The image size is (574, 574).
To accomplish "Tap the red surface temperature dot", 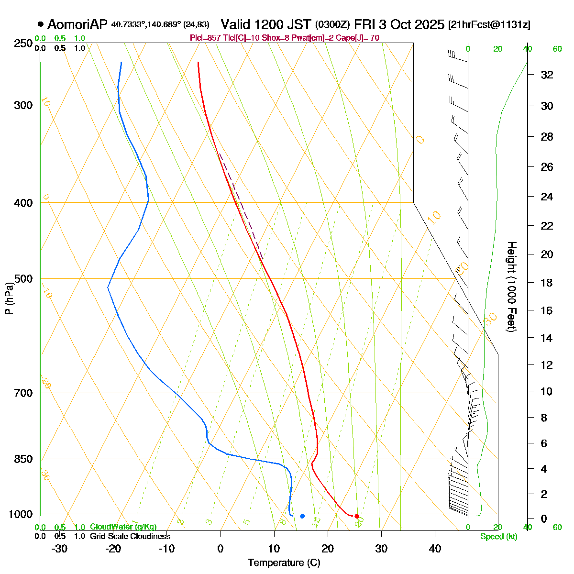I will [356, 516].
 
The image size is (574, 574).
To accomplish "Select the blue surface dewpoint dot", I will [302, 516].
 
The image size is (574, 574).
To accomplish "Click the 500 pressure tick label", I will [23, 279].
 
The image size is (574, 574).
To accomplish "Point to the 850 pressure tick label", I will [23, 459].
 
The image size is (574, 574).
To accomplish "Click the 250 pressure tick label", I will [23, 44].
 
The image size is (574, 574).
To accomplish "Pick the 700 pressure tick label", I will [23, 393].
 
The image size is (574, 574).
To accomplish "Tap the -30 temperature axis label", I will [59, 549].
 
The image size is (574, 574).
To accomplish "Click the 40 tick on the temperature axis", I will [435, 549].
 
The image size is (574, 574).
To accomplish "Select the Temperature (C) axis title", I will [284, 563].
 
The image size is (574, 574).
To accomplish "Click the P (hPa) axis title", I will [9, 299].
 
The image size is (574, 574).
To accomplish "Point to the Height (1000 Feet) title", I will [511, 287].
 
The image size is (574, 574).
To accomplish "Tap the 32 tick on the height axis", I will [547, 75].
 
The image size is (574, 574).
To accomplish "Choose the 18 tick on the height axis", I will [547, 283].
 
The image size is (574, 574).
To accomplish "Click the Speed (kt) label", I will [499, 537].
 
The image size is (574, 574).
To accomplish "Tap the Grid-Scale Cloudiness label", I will [130, 537].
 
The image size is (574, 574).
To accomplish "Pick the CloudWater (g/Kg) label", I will [123, 527].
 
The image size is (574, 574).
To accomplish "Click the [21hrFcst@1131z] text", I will [489, 25].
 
